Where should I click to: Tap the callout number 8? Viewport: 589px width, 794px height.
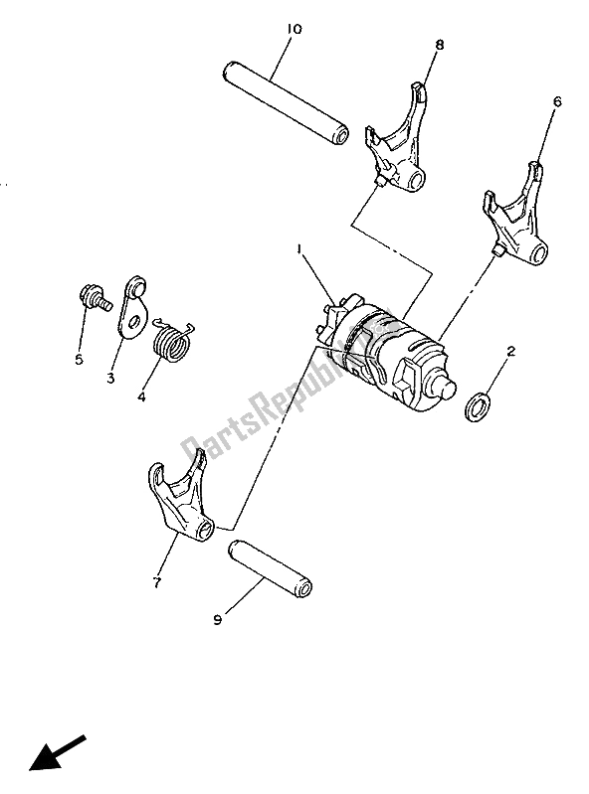pos(439,45)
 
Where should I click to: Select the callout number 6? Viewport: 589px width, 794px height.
pos(556,101)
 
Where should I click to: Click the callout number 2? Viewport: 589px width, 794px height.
pos(510,352)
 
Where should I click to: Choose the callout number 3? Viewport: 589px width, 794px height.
pos(110,379)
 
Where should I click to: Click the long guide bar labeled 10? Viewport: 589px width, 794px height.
pos(285,103)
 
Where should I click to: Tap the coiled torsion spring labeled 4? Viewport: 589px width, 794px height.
pos(171,345)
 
